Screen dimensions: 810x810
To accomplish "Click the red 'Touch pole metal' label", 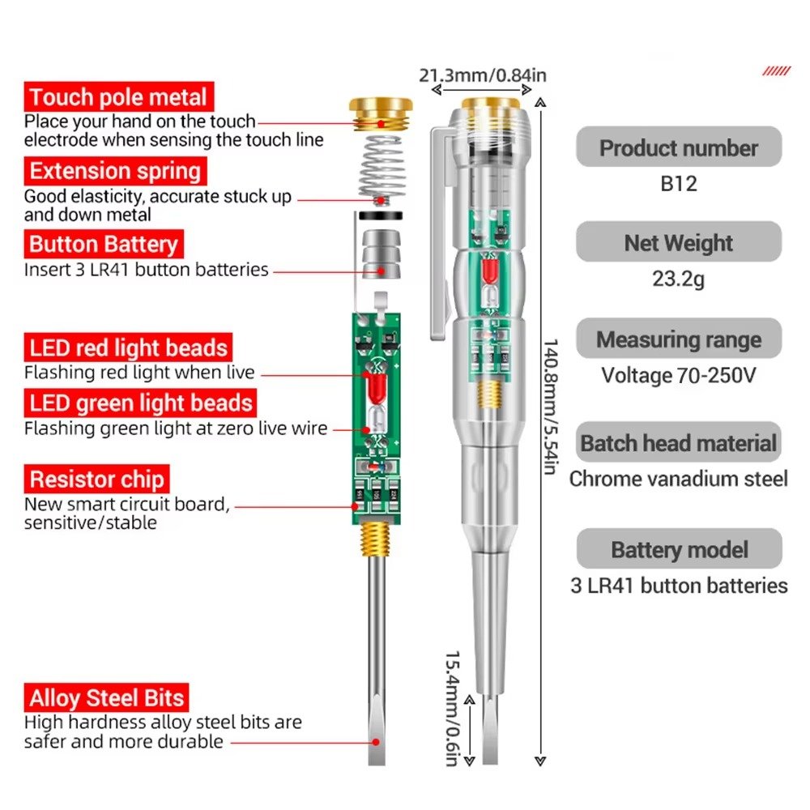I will pos(119,98).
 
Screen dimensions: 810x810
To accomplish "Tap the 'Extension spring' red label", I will pos(115,172).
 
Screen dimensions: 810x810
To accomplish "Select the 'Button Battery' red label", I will pos(103,245).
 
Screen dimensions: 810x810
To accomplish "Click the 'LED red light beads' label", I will pos(128,348).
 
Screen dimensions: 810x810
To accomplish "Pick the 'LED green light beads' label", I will pos(141,403).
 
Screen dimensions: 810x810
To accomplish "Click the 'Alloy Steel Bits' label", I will pos(107,697).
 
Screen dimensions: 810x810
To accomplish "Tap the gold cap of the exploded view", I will pos(382,113).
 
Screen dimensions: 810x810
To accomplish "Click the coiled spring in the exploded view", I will pos(379,168).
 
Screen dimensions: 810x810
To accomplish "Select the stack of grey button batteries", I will pos(379,253).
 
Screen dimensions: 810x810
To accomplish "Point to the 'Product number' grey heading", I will pos(679,148).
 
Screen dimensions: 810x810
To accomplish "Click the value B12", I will pos(679,184).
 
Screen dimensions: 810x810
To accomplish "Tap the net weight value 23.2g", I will pos(679,279).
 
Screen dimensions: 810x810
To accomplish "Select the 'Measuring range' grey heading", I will pos(679,339).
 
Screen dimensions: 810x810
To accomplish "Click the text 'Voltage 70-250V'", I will pos(679,375).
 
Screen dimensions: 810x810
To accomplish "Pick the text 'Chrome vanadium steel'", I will pos(679,479).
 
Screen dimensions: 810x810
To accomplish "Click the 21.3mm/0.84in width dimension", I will pos(483,76).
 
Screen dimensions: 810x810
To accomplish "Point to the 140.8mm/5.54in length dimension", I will pos(548,405).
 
